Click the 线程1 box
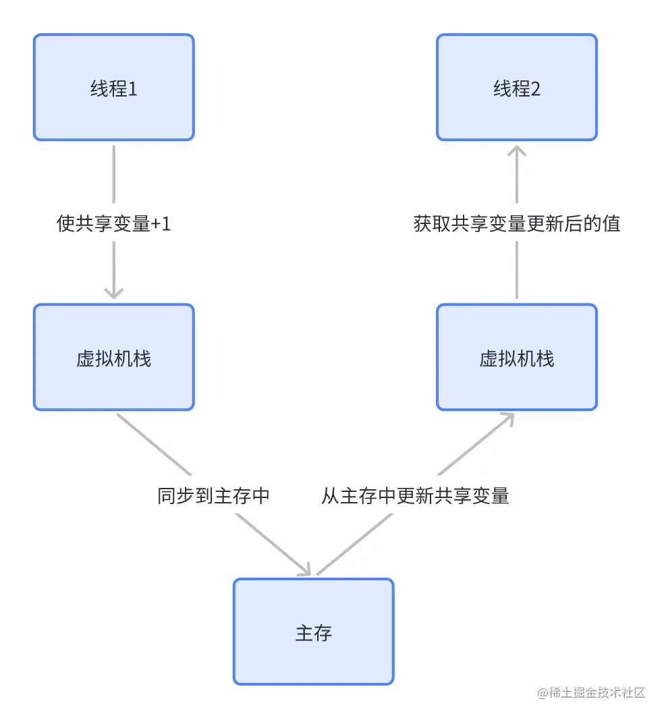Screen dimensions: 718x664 (x=113, y=88)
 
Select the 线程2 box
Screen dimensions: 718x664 (x=516, y=88)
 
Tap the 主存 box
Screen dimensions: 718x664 (x=313, y=632)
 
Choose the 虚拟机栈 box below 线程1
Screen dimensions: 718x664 (x=113, y=357)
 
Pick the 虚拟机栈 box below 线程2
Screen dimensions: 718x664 (x=516, y=357)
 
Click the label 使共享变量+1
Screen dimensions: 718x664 (x=113, y=223)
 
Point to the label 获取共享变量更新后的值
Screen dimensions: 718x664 (x=516, y=223)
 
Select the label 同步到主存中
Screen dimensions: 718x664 (x=213, y=496)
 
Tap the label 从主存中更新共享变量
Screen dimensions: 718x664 (x=415, y=496)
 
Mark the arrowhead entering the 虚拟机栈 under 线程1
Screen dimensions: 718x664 (x=113, y=294)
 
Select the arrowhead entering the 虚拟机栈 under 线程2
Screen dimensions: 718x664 (x=507, y=418)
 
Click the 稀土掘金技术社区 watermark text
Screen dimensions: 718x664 (x=597, y=693)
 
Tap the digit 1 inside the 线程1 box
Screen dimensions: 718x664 (x=133, y=88)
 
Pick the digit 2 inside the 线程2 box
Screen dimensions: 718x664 (x=536, y=88)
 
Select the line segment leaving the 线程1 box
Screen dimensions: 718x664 (x=113, y=175)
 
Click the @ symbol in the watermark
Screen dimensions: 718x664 (x=542, y=693)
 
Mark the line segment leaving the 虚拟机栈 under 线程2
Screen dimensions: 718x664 (x=516, y=270)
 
